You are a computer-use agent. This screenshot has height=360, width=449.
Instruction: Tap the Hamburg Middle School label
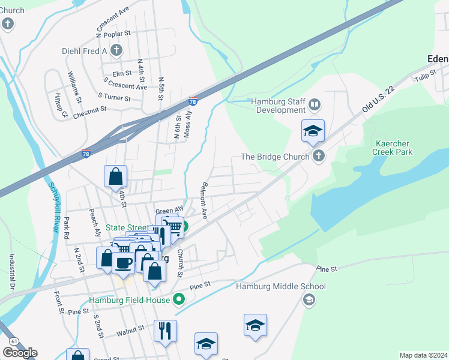point(280,287)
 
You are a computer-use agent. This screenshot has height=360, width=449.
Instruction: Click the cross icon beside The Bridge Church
point(318,157)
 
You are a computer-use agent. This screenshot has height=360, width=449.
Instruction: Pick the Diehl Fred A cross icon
point(116,51)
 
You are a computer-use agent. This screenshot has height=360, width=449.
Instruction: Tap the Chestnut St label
point(89,110)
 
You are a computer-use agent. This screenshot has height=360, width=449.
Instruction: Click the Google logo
point(20,352)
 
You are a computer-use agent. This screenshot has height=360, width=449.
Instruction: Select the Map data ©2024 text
point(423,355)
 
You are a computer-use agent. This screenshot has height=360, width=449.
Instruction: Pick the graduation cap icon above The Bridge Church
point(313,132)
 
